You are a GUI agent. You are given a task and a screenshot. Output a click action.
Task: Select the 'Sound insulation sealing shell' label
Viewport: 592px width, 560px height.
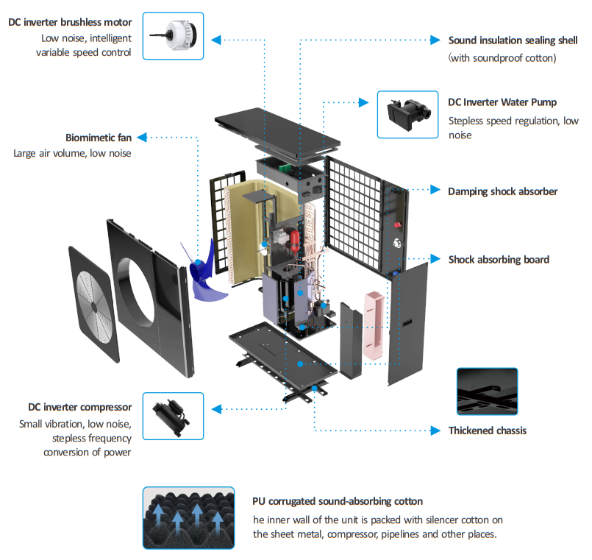[x=513, y=40]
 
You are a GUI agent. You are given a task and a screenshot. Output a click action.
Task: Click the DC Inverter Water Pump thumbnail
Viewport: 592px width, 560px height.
[x=407, y=114]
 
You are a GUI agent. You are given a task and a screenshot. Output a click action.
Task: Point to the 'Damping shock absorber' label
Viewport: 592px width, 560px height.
[x=502, y=191]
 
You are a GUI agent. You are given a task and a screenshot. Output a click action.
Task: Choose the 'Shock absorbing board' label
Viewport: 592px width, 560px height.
[x=499, y=260]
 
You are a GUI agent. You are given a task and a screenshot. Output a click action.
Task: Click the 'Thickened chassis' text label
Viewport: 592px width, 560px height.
[x=487, y=430]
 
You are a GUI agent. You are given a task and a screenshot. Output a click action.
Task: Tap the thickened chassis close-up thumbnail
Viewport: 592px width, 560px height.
[x=486, y=393]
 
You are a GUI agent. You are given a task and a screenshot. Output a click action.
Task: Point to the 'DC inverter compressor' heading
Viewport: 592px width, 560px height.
[x=79, y=407]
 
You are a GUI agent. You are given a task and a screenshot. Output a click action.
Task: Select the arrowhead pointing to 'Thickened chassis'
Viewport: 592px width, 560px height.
[x=438, y=430]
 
